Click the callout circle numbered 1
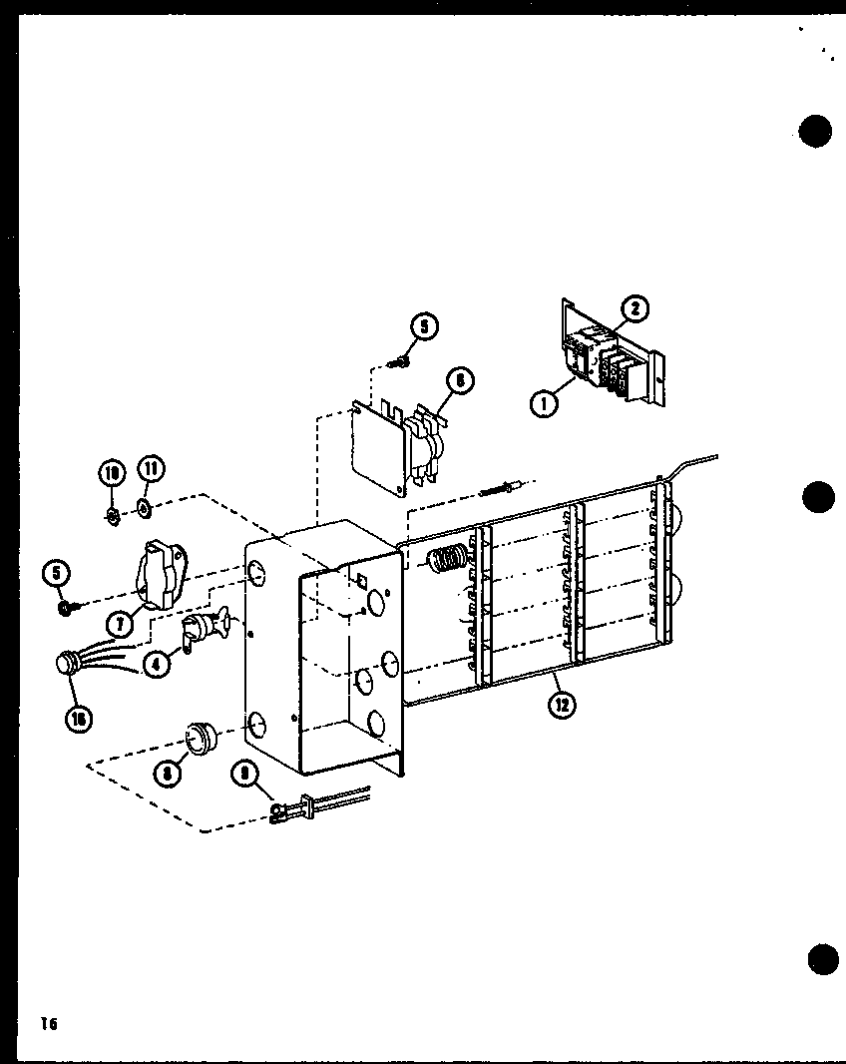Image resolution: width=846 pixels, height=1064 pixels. pos(544,404)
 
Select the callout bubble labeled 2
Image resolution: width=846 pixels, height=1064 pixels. pos(634,310)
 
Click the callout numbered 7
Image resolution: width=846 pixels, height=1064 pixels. pos(121,624)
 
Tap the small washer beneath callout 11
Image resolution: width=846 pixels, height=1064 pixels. pos(145,509)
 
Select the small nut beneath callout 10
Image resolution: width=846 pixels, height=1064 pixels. pos(113,516)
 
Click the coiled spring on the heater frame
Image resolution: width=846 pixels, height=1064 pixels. pos(448,559)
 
